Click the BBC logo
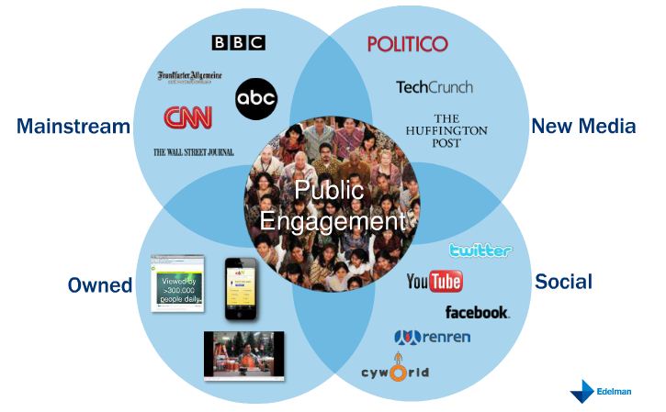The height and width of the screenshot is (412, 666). point(238,42)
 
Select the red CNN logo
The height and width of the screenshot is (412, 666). point(187,117)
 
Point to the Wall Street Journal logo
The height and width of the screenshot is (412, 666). point(193,152)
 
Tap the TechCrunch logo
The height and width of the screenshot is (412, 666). point(435,87)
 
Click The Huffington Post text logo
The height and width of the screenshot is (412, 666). point(446,131)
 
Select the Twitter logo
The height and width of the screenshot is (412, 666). point(480,250)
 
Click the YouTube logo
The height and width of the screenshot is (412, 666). point(435,281)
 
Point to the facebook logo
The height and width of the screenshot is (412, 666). point(477,312)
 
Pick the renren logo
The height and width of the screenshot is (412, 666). point(432,337)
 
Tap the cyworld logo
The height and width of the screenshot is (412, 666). point(395,373)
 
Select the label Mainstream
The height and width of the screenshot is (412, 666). point(73,127)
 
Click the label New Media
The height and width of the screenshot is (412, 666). point(583,126)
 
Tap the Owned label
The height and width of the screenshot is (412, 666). point(100,285)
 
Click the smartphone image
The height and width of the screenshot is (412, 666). point(241,288)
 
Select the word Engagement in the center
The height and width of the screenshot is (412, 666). point(332,221)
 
